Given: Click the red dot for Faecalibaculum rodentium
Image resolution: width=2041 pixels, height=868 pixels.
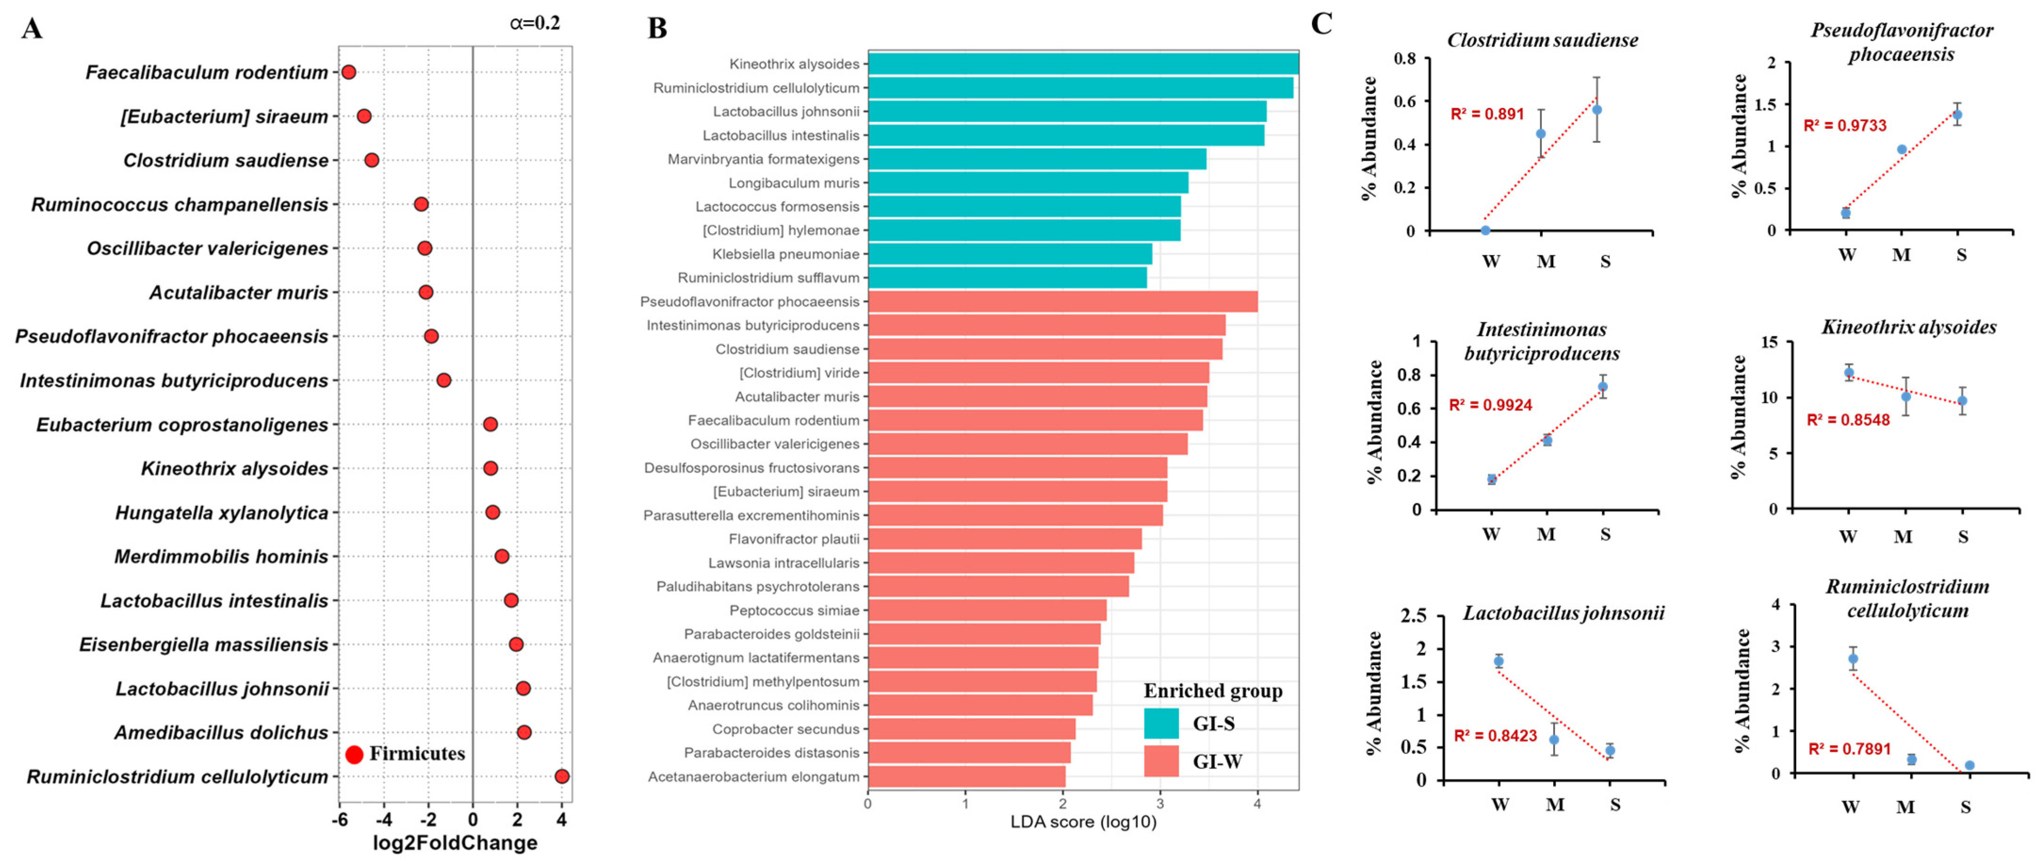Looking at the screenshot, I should (x=348, y=72).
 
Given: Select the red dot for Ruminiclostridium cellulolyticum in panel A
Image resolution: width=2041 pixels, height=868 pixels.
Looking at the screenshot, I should (x=562, y=776).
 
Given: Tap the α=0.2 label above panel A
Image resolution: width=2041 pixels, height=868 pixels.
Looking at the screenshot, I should (x=535, y=23).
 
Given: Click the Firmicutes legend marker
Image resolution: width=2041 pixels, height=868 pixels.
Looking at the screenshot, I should (x=354, y=754).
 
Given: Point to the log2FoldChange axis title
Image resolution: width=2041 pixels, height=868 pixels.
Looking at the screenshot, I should (x=455, y=843).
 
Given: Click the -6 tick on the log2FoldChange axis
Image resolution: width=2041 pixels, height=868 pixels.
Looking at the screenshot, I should (x=340, y=819).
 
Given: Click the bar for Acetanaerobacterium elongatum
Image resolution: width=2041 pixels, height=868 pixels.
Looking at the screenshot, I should (x=967, y=776).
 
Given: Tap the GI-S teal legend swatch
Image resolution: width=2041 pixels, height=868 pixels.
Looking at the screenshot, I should (x=1161, y=723).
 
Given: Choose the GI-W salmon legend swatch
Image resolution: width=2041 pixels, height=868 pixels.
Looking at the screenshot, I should (x=1161, y=761).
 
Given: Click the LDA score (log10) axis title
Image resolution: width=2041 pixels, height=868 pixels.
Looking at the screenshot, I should (x=1083, y=821).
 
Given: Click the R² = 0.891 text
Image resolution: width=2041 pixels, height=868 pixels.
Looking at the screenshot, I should (x=1487, y=114).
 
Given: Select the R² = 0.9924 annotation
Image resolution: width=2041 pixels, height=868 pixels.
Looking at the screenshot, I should (x=1490, y=405).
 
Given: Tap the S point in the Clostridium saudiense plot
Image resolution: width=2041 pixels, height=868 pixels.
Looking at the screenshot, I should (x=1597, y=109).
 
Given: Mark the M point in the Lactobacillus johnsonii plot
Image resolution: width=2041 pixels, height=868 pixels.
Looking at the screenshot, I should (x=1554, y=739).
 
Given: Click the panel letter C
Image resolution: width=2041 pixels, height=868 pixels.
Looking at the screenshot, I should (x=1321, y=24).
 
